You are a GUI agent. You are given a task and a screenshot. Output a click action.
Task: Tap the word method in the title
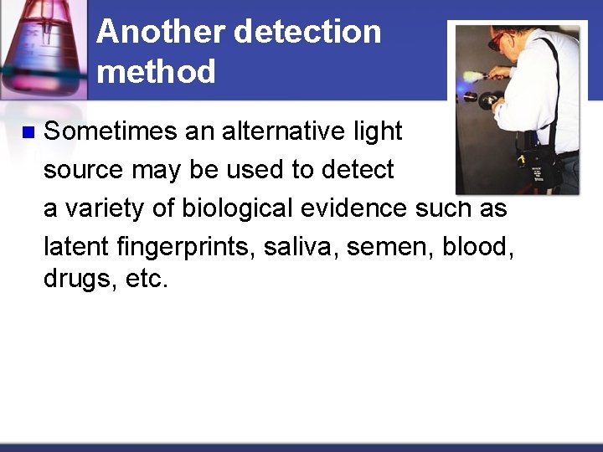click(156, 72)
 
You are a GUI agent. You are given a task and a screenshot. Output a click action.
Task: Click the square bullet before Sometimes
click(28, 132)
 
